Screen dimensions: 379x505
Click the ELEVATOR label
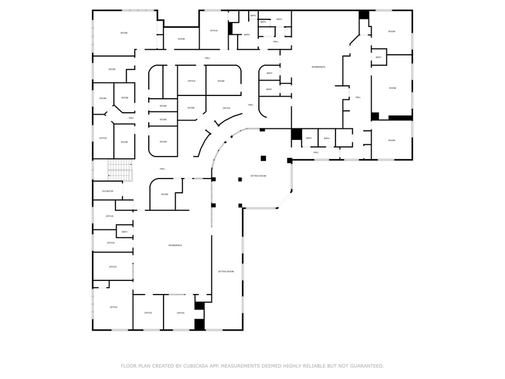[x=108, y=191]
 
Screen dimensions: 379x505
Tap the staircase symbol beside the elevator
[x=119, y=170]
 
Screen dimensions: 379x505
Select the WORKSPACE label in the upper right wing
[x=318, y=67]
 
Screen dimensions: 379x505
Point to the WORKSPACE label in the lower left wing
[x=175, y=246]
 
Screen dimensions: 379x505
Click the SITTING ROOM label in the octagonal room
[x=258, y=175]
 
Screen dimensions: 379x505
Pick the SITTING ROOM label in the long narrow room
[x=226, y=272]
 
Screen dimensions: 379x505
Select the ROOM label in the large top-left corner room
[x=124, y=32]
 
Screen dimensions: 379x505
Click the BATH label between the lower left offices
[x=124, y=232]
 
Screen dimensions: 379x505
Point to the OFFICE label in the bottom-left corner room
[x=113, y=307]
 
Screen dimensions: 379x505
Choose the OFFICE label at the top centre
[x=213, y=30]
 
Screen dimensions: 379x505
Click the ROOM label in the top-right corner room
[x=392, y=31]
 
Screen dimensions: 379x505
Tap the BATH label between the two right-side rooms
[x=379, y=57]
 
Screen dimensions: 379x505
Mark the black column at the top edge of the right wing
[x=364, y=14]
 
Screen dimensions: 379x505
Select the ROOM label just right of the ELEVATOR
[x=164, y=194]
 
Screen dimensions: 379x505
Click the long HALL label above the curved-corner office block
[x=207, y=58]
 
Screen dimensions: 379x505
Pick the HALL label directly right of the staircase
[x=162, y=169]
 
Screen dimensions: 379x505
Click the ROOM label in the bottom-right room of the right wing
[x=392, y=141]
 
